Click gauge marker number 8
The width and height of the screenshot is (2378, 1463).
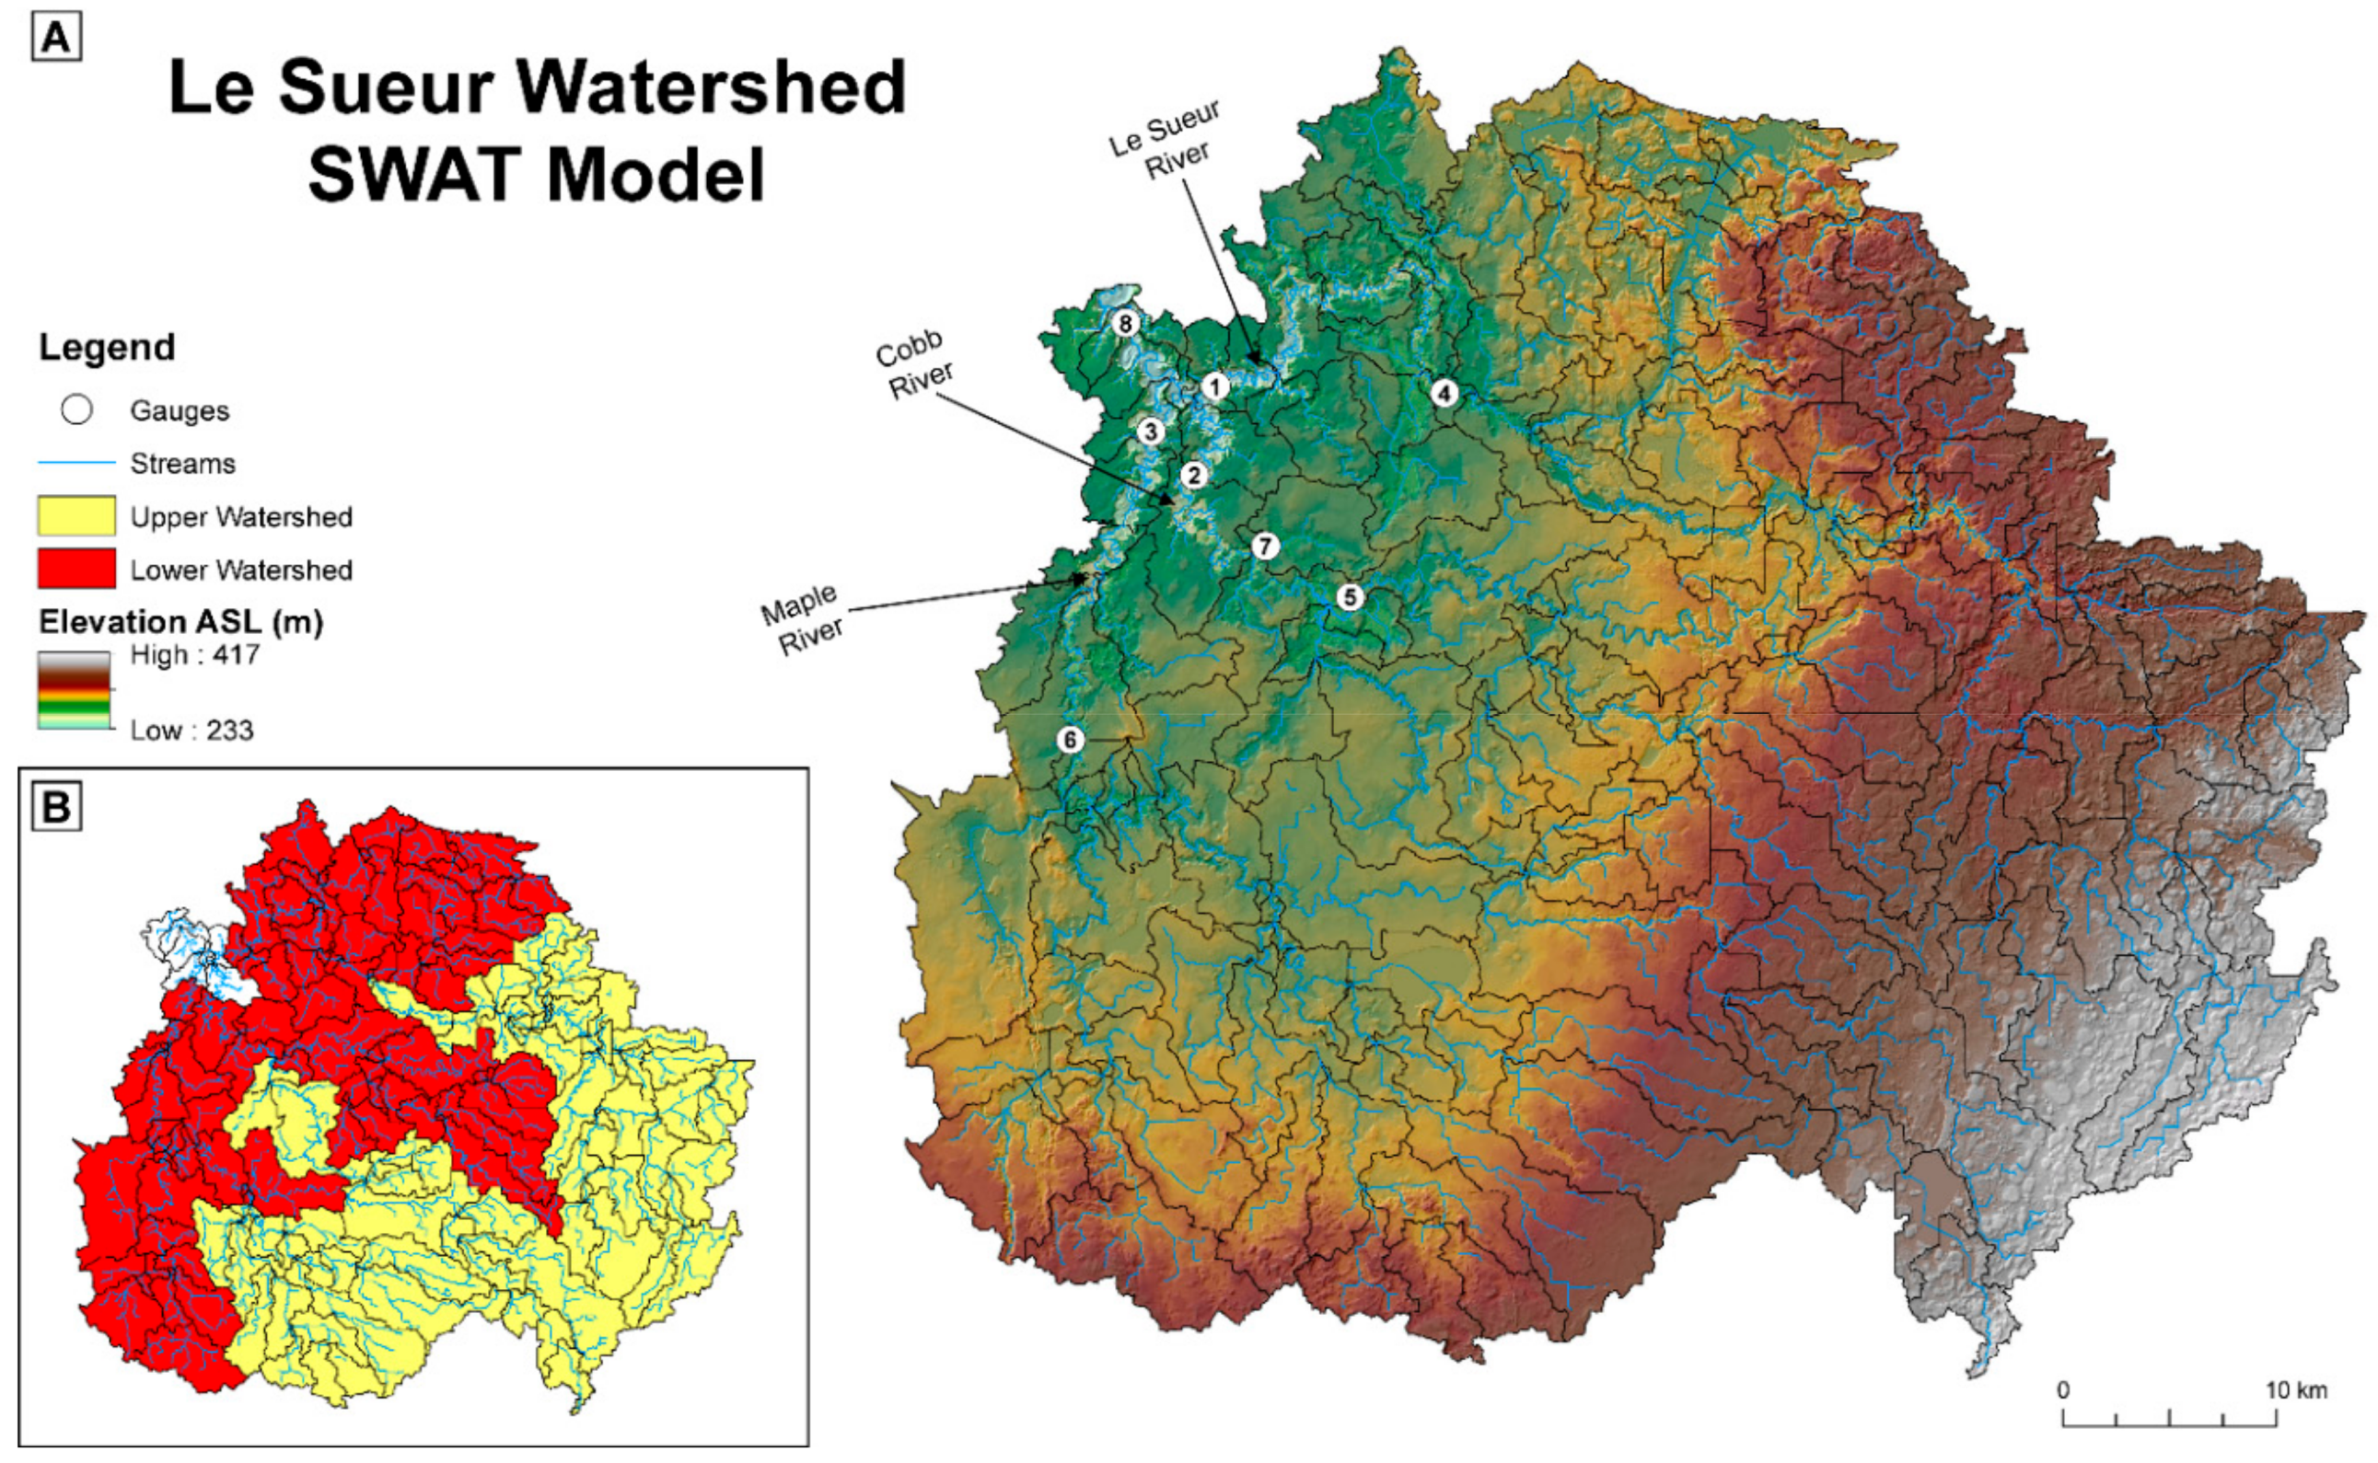coord(1124,323)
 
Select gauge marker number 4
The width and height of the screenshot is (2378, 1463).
coord(1443,393)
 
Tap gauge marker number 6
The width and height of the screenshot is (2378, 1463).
coord(1070,740)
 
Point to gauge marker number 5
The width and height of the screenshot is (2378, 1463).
coord(1349,597)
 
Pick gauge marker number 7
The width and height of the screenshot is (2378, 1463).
coord(1264,546)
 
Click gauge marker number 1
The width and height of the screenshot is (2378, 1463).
coord(1214,387)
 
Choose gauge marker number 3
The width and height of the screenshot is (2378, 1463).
coord(1150,431)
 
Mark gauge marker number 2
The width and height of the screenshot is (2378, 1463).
coord(1193,475)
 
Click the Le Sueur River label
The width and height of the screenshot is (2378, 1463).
coord(1166,140)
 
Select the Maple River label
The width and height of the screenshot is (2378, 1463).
coord(803,619)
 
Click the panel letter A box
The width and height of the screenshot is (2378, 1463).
coord(56,39)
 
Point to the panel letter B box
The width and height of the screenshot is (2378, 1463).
coord(56,806)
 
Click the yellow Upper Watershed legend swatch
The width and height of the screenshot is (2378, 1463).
coord(76,515)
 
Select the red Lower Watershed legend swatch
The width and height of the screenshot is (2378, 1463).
coord(76,569)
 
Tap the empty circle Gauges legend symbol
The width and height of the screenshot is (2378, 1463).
coord(76,410)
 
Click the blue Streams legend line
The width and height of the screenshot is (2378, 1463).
coord(76,464)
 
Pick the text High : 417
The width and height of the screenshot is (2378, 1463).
coord(194,655)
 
